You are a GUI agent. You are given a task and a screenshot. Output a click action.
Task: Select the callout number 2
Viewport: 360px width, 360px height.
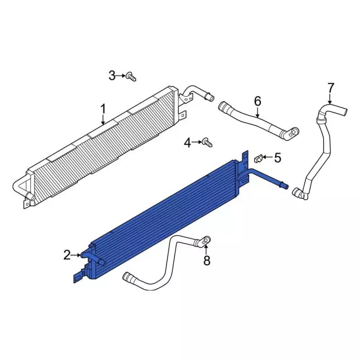pos(67,255)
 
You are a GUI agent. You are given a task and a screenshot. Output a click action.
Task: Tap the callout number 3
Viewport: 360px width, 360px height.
pos(112,75)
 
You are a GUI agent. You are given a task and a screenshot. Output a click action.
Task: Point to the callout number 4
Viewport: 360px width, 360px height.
pos(187,143)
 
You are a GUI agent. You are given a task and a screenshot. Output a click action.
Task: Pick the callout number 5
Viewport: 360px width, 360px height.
pos(277,157)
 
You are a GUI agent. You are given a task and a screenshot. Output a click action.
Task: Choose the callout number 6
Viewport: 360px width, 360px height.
pos(258,101)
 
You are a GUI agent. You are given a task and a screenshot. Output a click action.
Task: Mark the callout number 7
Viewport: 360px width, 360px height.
pos(330,88)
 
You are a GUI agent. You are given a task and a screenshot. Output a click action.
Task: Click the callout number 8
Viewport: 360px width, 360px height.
pos(207,260)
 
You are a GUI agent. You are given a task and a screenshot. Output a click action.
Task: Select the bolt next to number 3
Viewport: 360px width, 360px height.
pos(131,76)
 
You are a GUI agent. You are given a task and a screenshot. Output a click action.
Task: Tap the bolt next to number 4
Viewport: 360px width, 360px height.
pos(207,142)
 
